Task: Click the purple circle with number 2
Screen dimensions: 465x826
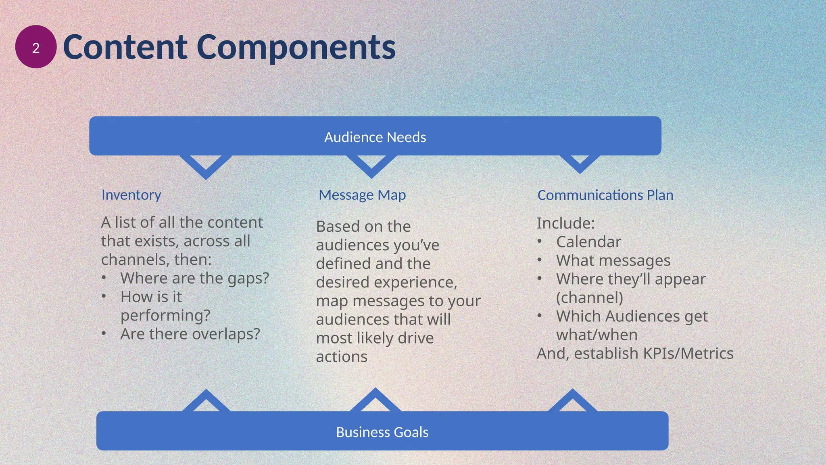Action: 35,47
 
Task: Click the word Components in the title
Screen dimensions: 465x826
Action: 296,48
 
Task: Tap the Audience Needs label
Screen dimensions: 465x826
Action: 375,137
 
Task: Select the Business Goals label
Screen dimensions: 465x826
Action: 382,432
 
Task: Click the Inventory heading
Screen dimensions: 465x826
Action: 131,195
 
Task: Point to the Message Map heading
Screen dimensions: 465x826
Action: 362,195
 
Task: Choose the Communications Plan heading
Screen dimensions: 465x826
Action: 605,195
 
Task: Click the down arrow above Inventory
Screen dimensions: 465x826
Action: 206,168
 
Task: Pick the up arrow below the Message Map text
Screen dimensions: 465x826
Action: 375,400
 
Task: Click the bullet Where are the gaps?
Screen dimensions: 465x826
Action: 194,278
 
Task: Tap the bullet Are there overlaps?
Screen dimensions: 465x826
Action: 190,334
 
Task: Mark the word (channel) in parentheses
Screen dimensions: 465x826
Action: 589,298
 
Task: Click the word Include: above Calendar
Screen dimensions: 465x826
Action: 565,223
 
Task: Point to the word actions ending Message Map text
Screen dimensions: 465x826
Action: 342,357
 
